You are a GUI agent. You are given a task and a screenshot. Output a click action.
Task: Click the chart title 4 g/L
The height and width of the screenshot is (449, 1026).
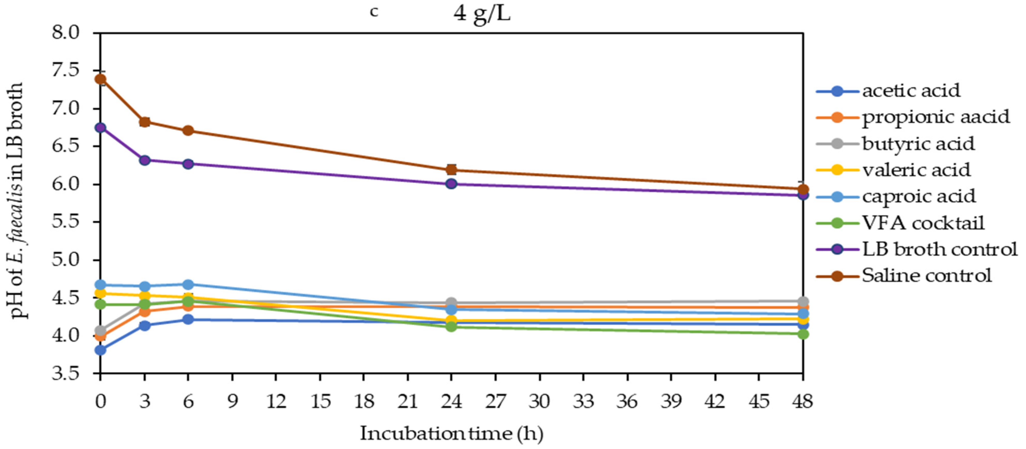coord(482,14)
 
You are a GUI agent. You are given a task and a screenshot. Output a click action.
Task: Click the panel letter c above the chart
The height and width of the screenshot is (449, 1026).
coord(374,12)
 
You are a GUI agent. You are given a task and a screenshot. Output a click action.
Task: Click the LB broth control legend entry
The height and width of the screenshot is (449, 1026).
coord(939,249)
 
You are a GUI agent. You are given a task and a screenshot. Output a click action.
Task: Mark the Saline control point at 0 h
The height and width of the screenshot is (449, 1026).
coord(101,79)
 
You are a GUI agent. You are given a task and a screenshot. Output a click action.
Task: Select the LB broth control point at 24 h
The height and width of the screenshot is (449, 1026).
coord(451,184)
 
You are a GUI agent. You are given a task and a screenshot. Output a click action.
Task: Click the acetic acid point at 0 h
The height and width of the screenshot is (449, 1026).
coord(101,350)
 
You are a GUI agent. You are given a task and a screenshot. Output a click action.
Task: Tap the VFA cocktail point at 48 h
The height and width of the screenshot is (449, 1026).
coord(803,334)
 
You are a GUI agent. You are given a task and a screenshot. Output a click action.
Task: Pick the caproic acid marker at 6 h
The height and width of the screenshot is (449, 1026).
coord(188,285)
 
